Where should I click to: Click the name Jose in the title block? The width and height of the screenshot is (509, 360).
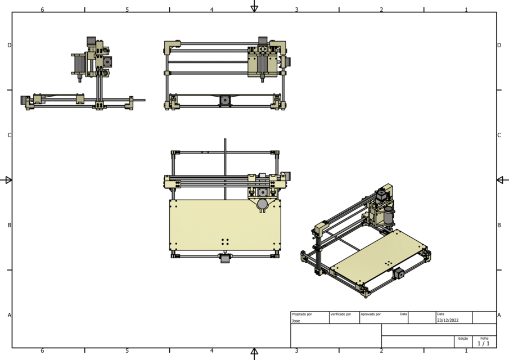click(x=296, y=321)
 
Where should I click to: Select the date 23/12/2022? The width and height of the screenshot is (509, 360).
click(x=448, y=320)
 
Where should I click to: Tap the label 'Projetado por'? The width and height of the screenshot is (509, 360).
click(x=302, y=314)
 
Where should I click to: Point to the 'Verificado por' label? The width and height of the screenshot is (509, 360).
click(x=341, y=314)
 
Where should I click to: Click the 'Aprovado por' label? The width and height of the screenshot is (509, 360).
click(x=371, y=314)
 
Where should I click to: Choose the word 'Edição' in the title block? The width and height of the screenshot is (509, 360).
click(x=463, y=339)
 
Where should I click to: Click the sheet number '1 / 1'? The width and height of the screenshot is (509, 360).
click(x=484, y=343)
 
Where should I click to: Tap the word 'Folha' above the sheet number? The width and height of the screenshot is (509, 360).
click(x=484, y=338)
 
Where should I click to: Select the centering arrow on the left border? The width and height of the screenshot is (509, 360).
click(x=7, y=180)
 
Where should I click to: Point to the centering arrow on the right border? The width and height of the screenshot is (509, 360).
click(x=502, y=180)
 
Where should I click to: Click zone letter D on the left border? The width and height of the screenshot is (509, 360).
click(x=10, y=45)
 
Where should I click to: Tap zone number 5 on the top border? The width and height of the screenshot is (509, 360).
click(x=127, y=10)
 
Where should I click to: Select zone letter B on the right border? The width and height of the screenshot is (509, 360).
click(x=499, y=225)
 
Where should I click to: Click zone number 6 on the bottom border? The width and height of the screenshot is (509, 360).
click(x=42, y=350)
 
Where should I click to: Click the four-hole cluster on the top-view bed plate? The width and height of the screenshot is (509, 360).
click(x=225, y=241)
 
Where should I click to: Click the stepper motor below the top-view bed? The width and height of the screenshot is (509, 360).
click(x=224, y=259)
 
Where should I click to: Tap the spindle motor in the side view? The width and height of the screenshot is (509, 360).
click(x=79, y=64)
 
